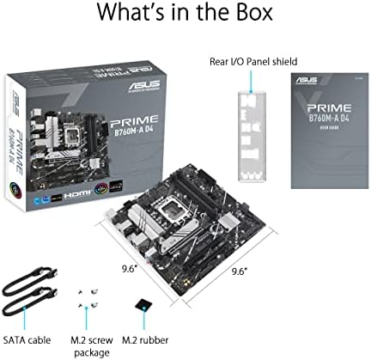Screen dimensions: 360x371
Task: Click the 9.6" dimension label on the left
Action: (130, 266)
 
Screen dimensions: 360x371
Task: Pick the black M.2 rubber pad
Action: (145, 303)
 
